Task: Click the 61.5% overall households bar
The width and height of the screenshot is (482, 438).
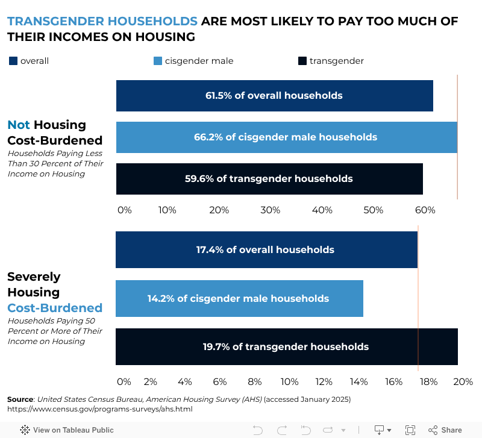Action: coord(274,96)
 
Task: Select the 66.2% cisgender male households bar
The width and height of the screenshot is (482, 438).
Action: coord(286,137)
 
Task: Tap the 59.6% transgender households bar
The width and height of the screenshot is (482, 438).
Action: coord(269,179)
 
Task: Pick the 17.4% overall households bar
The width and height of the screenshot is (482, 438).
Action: coord(266,250)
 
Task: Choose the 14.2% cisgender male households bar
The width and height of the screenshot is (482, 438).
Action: coord(239,299)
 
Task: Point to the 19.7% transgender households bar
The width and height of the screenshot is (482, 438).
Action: coord(286,347)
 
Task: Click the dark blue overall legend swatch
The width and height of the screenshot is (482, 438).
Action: coord(13,61)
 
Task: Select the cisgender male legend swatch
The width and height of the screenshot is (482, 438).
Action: coord(158,61)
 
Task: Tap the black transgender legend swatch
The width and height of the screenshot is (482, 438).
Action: coord(302,61)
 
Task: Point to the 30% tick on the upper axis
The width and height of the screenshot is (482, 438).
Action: coord(271,210)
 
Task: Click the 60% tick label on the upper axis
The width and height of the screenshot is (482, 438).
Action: coord(425,210)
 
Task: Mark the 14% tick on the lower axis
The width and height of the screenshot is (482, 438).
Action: coord(359,382)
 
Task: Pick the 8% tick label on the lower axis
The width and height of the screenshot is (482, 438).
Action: coord(255,382)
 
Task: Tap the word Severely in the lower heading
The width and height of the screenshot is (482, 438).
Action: coord(34,277)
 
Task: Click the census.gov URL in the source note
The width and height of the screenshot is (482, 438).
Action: coord(99,409)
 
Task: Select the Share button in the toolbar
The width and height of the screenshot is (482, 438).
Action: coord(445,430)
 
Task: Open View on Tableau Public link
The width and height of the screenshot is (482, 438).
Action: coord(67,430)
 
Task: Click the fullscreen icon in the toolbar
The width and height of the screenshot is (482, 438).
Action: coord(410,430)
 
